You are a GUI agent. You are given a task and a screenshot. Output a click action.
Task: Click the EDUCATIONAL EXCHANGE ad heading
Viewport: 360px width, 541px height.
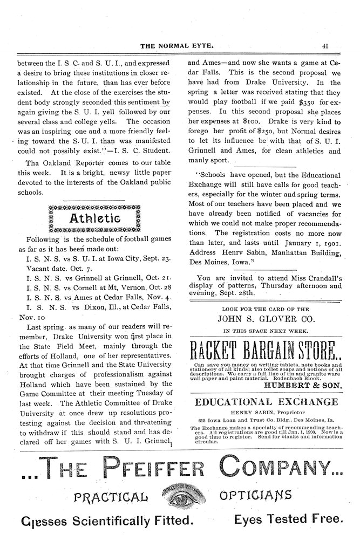266,401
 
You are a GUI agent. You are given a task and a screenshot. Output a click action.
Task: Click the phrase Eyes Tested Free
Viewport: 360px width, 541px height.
288,521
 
